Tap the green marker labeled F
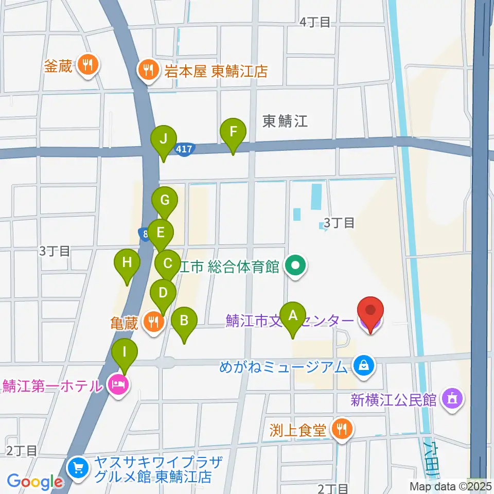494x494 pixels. coord(233,132)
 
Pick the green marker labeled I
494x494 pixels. coord(125,352)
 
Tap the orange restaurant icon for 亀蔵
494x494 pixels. coord(153,323)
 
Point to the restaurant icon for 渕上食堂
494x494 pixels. coord(341,429)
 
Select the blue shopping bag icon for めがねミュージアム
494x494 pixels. coord(363,367)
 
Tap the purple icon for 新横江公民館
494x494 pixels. coord(453,398)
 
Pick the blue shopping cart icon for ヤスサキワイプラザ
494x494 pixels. coord(79,467)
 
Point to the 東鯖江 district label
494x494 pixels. coord(285,121)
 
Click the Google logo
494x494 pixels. coord(34,482)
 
